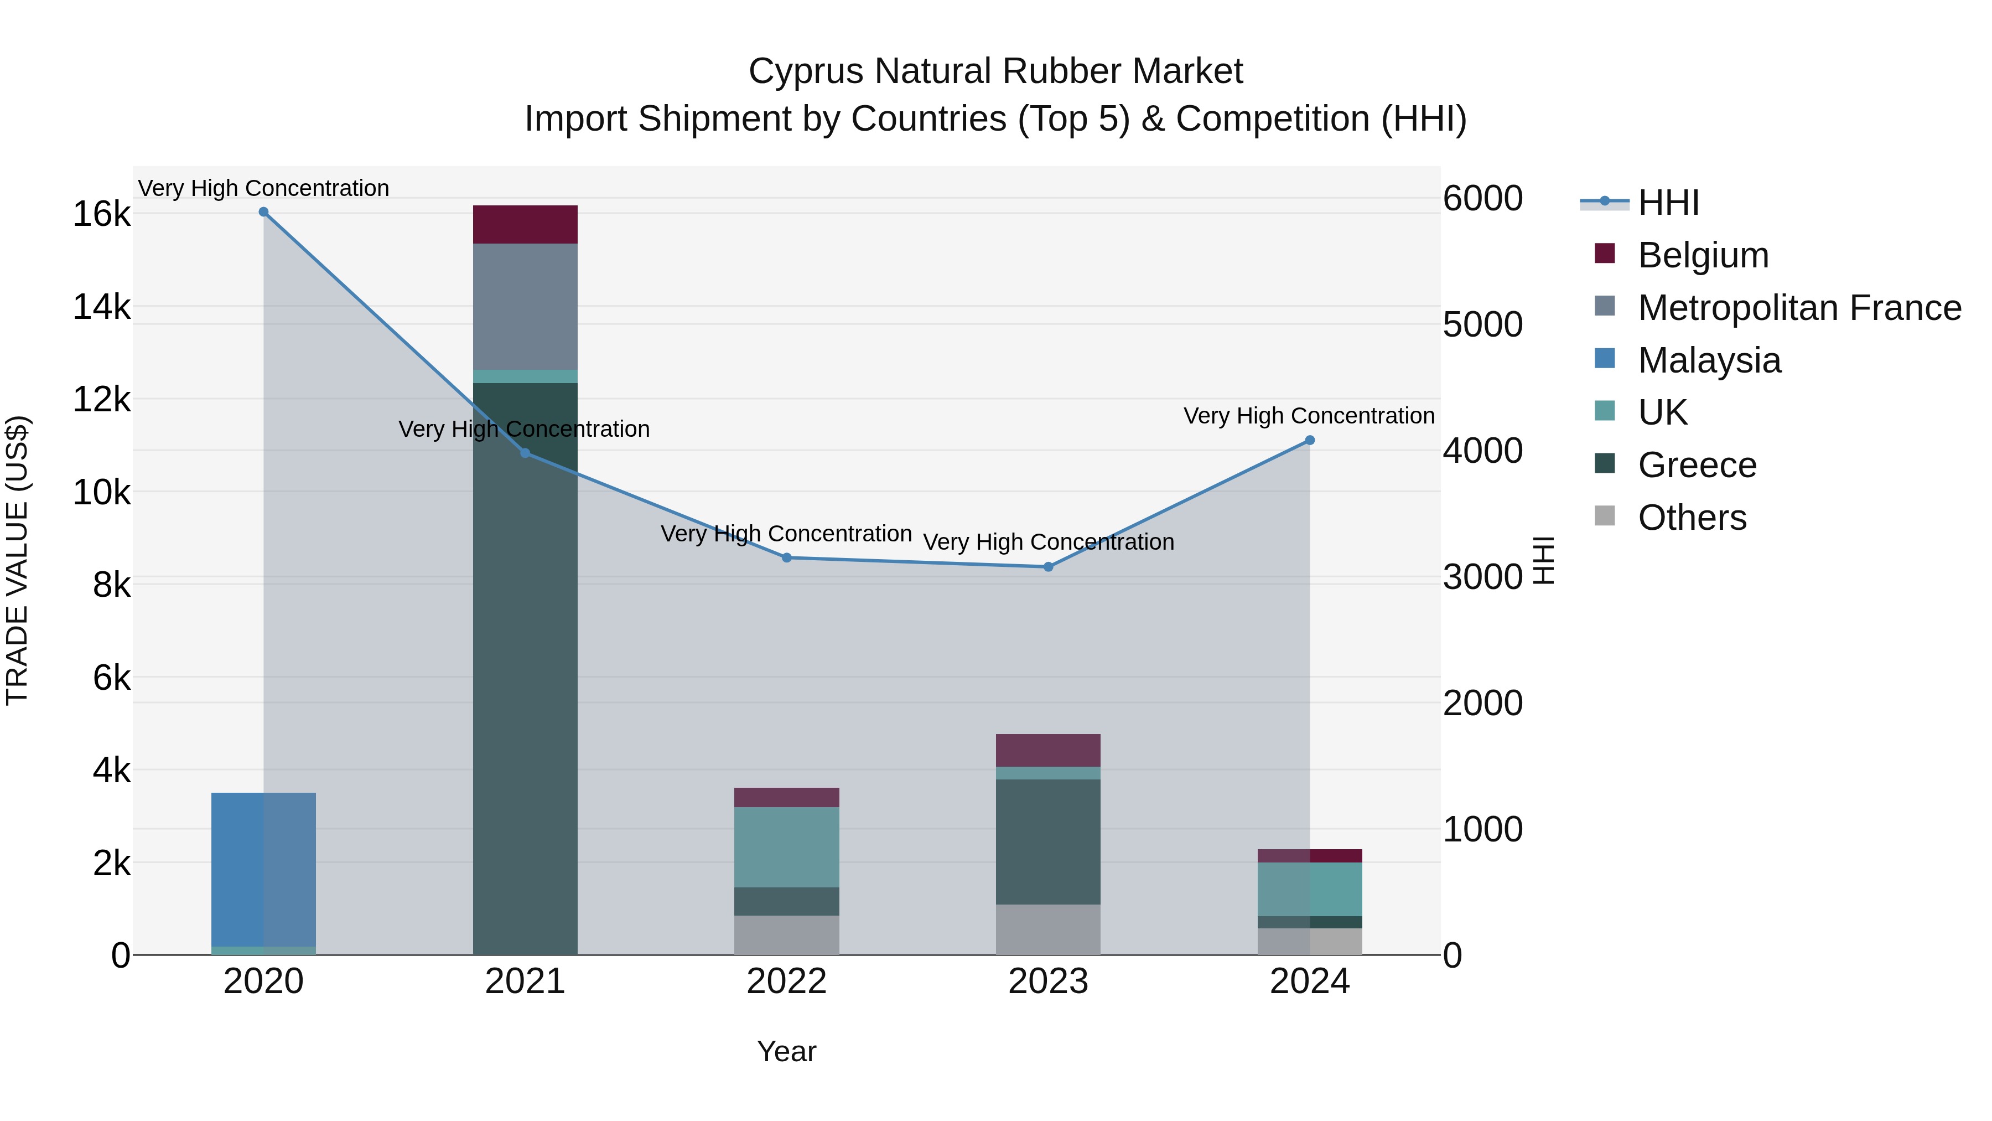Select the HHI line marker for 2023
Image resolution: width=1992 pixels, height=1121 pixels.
1048,567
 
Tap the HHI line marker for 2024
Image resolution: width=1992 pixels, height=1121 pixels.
1309,440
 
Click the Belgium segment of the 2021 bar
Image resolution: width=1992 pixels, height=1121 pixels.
525,224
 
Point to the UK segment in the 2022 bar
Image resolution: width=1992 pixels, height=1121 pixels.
786,847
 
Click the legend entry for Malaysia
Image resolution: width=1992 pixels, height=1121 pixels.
1709,360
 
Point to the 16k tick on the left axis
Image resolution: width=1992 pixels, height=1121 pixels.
101,214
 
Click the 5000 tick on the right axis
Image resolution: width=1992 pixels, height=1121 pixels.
1482,325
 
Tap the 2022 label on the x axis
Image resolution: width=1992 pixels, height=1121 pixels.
786,981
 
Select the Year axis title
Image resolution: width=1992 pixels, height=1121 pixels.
786,1051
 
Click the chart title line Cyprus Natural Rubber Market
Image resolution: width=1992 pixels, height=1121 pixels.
995,71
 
